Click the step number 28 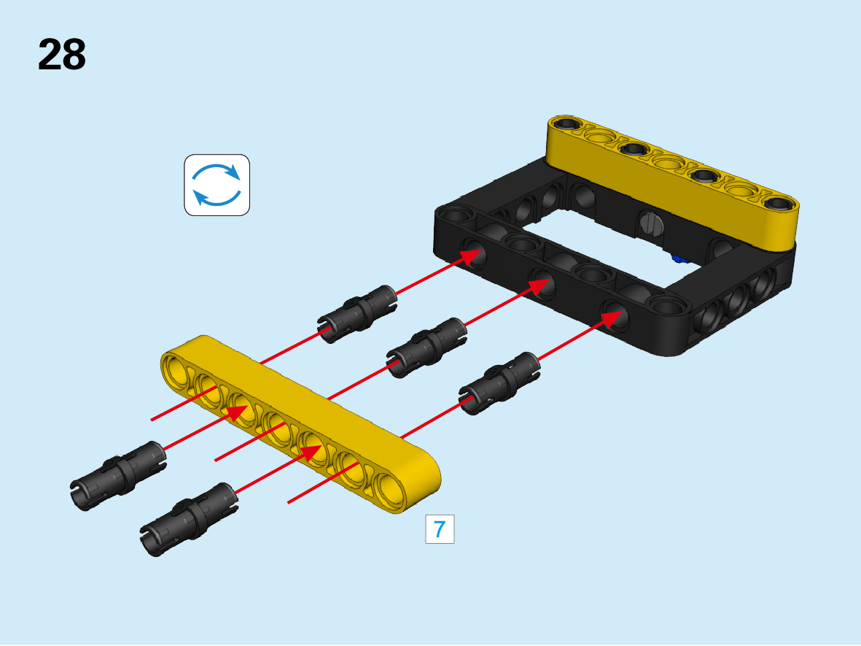61,55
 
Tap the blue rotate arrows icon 217,185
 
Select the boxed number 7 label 440,529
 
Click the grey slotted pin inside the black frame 652,224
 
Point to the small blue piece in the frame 679,258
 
